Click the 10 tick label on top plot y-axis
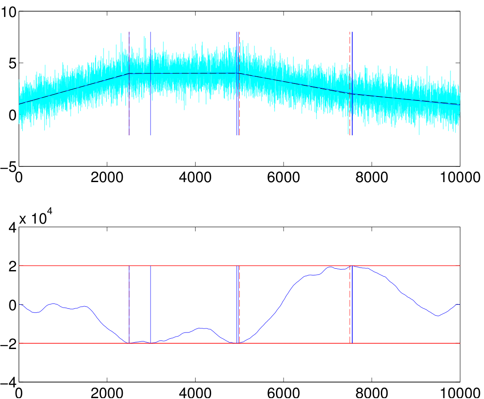pyautogui.click(x=8, y=12)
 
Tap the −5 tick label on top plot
pyautogui.click(x=8, y=167)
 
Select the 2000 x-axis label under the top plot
pyautogui.click(x=107, y=178)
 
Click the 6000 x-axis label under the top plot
pyautogui.click(x=284, y=178)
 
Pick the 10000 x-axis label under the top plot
pyautogui.click(x=460, y=178)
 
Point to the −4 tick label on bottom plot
pyautogui.click(x=8, y=383)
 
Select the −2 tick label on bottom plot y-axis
pyautogui.click(x=8, y=344)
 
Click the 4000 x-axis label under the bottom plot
pyautogui.click(x=195, y=394)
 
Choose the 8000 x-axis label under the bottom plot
pyautogui.click(x=371, y=394)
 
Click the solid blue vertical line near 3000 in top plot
pyautogui.click(x=150, y=83)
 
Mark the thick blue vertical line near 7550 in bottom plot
pyautogui.click(x=352, y=304)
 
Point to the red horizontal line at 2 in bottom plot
pyautogui.click(x=239, y=266)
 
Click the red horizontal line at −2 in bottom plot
pyautogui.click(x=239, y=343)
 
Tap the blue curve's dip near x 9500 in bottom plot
pyautogui.click(x=438, y=316)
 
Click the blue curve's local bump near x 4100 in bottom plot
pyautogui.click(x=200, y=328)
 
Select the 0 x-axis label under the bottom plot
pyautogui.click(x=19, y=394)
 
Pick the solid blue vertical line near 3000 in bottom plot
pyautogui.click(x=150, y=304)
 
